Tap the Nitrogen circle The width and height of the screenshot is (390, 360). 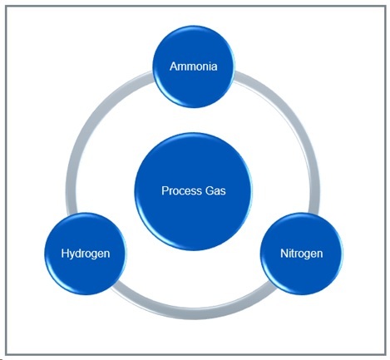[x=301, y=253]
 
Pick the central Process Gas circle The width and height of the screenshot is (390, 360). [x=194, y=190]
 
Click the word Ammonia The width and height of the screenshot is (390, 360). [x=194, y=66]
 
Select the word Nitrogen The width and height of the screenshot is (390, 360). [x=301, y=253]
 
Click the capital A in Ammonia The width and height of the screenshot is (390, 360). [x=174, y=66]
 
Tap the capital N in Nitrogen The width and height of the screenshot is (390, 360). [x=282, y=253]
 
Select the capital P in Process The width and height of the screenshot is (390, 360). [x=165, y=190]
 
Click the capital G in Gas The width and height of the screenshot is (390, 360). [x=209, y=190]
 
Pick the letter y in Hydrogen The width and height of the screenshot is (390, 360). [x=74, y=254]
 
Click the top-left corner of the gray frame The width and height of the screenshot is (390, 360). [x=5, y=5]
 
